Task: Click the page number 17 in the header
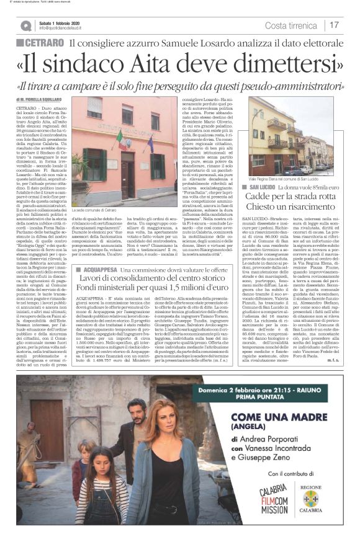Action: tap(334, 25)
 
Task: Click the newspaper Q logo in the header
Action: tap(25, 25)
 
